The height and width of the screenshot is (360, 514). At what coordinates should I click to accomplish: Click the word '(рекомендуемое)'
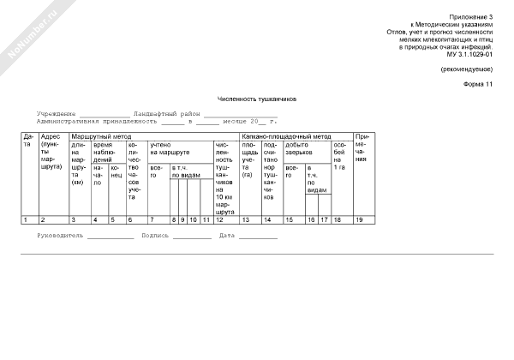point(467,69)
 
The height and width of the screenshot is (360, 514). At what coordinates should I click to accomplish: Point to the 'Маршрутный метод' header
point(101,136)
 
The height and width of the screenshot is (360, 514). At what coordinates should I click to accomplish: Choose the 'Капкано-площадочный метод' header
point(286,136)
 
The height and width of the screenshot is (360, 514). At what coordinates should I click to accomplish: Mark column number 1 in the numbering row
point(27,220)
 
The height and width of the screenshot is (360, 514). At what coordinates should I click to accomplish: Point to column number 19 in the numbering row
point(359,220)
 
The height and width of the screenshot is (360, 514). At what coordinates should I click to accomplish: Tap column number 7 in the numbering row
point(152,220)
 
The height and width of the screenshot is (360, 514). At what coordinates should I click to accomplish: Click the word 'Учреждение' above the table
point(57,113)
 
